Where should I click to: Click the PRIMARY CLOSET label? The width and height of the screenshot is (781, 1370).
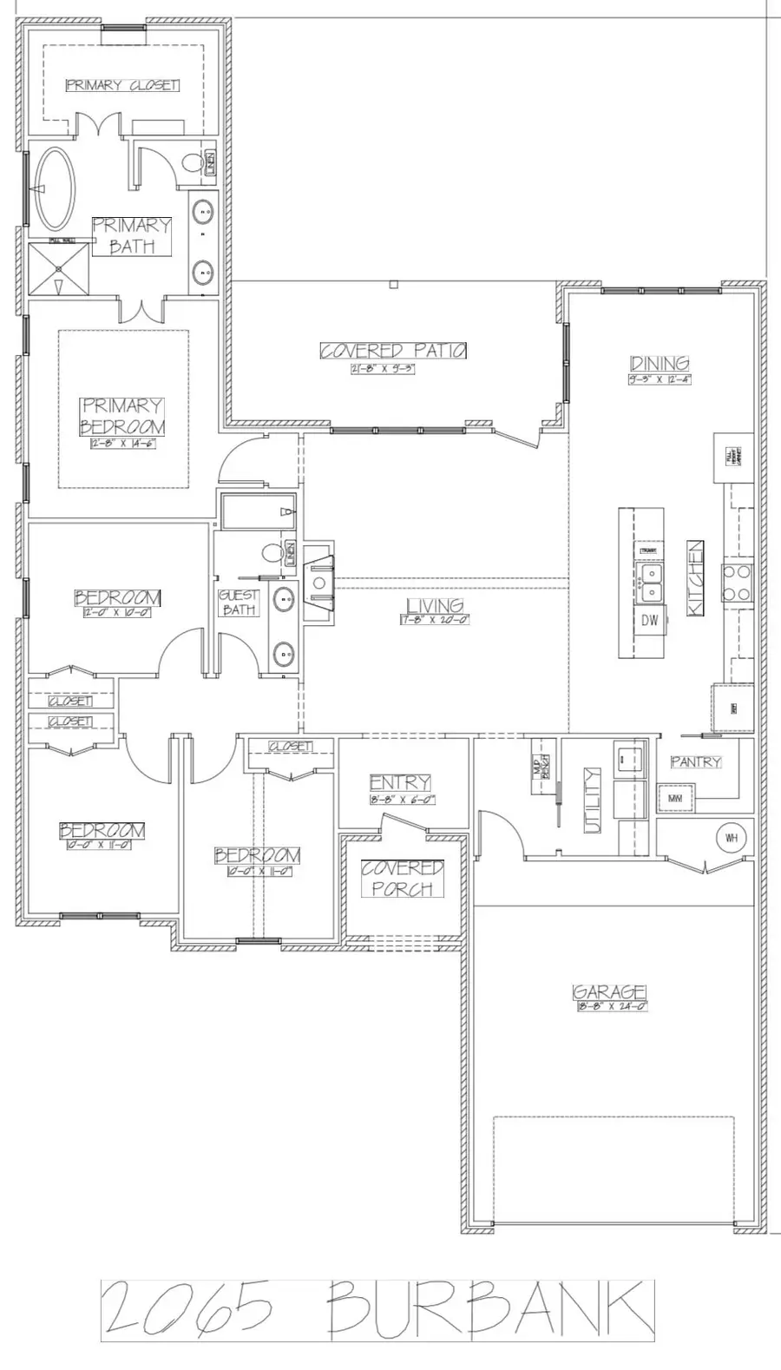(x=122, y=85)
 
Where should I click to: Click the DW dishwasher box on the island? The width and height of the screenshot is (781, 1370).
(x=650, y=620)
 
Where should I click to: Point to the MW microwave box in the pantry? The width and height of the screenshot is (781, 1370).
(x=675, y=797)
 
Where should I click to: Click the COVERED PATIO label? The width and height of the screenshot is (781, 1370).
(x=393, y=351)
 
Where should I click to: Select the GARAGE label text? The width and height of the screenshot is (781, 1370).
(x=610, y=992)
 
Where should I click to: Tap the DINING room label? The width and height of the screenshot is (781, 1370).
(x=660, y=364)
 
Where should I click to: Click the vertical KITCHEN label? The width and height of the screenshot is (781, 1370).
(x=695, y=579)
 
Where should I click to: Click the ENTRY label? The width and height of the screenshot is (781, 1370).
(x=400, y=783)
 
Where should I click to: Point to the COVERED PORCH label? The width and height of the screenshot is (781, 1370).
(x=403, y=879)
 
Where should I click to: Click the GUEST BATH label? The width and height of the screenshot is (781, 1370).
(x=239, y=602)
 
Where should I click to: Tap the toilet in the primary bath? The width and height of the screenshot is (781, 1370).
(x=192, y=162)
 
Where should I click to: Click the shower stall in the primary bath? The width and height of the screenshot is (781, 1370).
(x=59, y=270)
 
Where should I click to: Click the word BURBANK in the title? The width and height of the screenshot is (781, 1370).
(x=491, y=1308)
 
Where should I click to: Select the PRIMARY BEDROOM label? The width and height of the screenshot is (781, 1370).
(x=122, y=416)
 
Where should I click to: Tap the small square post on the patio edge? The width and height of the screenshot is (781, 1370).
(x=393, y=284)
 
